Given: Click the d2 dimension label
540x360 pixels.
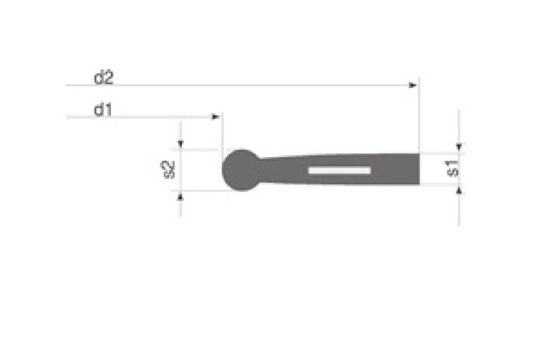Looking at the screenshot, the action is tap(104, 78).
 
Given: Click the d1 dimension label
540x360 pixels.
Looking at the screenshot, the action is tap(103, 110).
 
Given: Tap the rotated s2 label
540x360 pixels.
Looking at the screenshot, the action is tap(168, 170).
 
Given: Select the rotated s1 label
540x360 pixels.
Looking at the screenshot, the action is tap(452, 168).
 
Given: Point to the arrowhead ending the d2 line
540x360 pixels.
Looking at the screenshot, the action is tap(413, 85).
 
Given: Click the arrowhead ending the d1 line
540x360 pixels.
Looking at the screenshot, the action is tap(215, 117).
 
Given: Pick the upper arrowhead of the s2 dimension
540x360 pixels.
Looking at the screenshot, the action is tap(180, 144).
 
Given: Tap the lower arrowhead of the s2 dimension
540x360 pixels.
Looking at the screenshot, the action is tap(180, 197).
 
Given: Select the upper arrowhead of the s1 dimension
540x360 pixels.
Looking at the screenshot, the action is tap(459, 147).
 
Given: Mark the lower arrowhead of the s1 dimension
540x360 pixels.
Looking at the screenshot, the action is tap(459, 190).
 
